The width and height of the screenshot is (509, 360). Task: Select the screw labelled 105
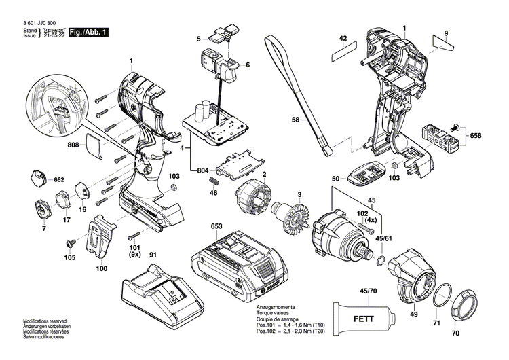tap(69, 243)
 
